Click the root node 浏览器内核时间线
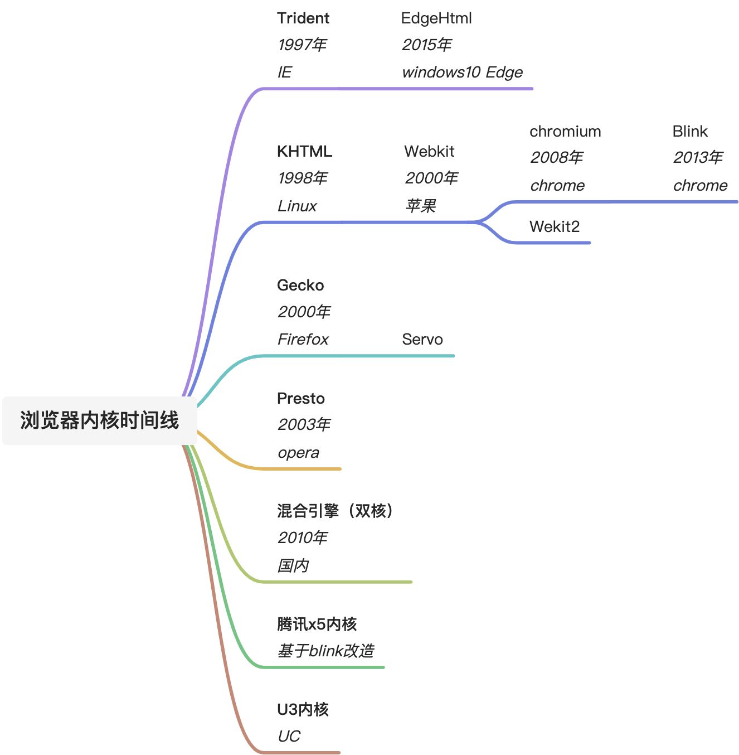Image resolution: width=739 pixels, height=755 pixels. pos(99,420)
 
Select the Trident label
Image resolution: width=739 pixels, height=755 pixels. pos(303,18)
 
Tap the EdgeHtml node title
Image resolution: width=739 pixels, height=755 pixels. pos(436,18)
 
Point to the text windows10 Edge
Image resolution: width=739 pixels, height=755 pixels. pos(462,72)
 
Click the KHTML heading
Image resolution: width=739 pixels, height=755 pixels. pos(304,152)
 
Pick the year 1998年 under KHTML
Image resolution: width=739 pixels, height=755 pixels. pos(303,178)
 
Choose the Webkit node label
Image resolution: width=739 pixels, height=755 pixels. pos(429,152)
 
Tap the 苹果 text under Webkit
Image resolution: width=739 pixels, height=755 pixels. pos(420,206)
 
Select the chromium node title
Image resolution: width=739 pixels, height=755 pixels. pos(565,132)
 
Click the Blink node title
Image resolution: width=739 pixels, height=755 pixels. pos(689,132)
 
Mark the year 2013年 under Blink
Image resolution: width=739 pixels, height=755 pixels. pos(698,158)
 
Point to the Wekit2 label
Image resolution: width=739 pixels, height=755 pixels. pos(555,226)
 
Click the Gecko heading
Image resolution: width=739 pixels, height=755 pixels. pos(300,285)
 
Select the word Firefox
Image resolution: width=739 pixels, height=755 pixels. pos(303,340)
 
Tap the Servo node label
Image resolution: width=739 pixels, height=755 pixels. pos(422,340)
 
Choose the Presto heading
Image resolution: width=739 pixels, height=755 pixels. pos(301,399)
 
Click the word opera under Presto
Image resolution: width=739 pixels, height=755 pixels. pos(299,453)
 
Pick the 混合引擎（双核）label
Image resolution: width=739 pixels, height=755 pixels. pos(336,511)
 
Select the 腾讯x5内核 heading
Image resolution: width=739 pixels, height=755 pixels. pos(317,624)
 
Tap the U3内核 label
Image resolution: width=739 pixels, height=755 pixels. pos(303,709)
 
